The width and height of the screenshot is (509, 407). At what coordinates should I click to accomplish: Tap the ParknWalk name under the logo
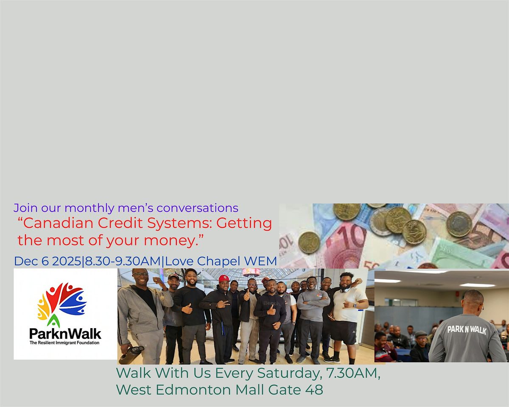click(x=65, y=334)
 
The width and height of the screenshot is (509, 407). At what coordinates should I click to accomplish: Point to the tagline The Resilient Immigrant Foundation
click(x=65, y=343)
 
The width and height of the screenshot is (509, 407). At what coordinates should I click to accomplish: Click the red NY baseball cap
click(x=224, y=279)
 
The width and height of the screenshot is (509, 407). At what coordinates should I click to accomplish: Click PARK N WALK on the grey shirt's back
click(x=467, y=329)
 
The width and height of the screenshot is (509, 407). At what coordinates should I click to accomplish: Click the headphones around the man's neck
click(x=345, y=289)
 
